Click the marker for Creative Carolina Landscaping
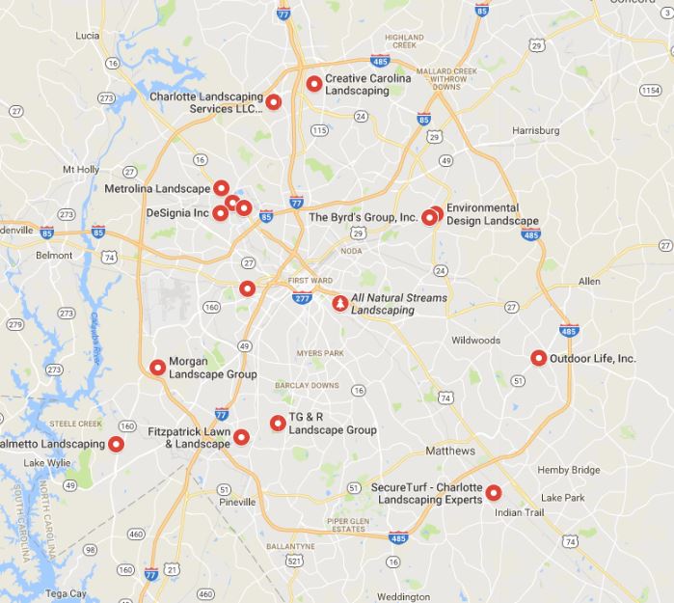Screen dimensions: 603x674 (x=313, y=84)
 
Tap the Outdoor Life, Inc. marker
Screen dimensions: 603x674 (x=539, y=358)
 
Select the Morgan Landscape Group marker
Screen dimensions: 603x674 (x=157, y=367)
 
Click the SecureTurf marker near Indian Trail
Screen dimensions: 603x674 (x=494, y=492)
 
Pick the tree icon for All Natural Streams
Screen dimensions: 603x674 (x=339, y=304)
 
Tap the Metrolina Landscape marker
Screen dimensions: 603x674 (x=221, y=188)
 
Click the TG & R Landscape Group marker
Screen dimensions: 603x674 (x=278, y=423)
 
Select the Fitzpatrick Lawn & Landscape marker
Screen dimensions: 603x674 (x=241, y=437)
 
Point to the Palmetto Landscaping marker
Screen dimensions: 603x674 (x=117, y=444)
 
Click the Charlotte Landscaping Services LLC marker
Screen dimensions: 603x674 (x=274, y=102)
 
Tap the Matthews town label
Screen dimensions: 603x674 (x=450, y=452)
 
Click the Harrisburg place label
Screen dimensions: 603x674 (x=536, y=129)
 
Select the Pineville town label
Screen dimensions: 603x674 (x=236, y=502)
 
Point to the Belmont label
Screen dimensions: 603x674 (x=54, y=256)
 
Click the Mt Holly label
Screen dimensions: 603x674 (x=82, y=169)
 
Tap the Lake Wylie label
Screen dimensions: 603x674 (x=47, y=463)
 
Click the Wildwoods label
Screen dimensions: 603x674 (x=476, y=341)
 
